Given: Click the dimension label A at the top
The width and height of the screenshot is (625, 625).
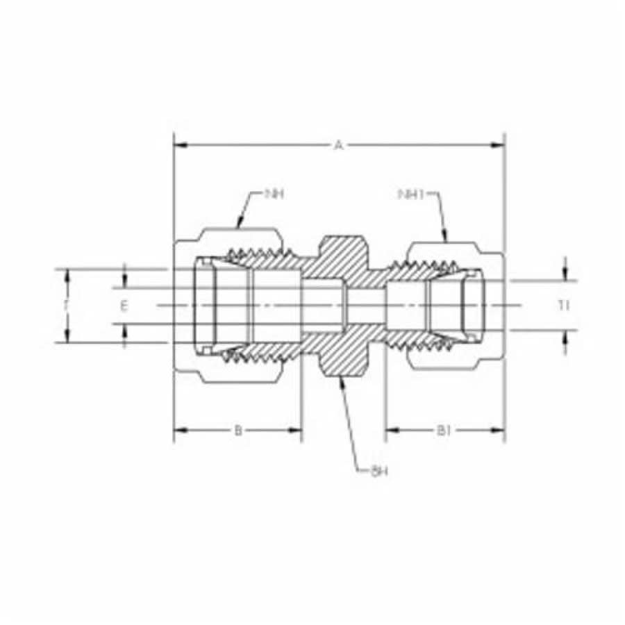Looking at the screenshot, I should coord(339,145).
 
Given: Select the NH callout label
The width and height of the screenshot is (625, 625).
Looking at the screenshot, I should coord(275,194).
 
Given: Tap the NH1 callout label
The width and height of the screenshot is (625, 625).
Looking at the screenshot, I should coord(410,194).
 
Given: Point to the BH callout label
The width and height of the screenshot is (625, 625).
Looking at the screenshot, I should coord(378,472).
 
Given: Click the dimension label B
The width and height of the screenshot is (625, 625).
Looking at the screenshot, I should coord(237,431).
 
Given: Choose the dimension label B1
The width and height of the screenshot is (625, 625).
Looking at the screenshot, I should coord(444,431).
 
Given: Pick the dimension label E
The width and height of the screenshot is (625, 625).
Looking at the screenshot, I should coord(124,306).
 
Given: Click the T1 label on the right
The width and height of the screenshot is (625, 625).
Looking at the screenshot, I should coord(565,306).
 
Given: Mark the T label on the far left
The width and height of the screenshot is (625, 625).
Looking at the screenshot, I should coord(67,306).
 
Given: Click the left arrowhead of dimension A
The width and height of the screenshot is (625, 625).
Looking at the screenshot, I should coord(179,145).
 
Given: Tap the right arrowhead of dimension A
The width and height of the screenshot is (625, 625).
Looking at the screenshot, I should coord(499,145).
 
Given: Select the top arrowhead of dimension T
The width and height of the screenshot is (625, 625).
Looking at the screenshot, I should coord(67,274).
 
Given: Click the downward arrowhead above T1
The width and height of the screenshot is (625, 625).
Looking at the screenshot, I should coord(565,276).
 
